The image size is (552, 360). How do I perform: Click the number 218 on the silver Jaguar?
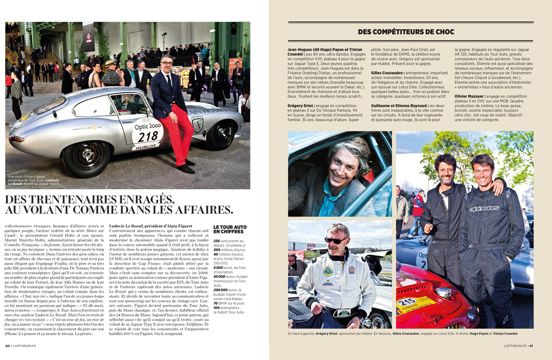tap(148, 136)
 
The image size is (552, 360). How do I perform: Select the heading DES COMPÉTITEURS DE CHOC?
tap(406, 32)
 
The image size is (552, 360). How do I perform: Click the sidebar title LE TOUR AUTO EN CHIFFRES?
tap(229, 229)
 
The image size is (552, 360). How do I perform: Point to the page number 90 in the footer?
tap(8, 353)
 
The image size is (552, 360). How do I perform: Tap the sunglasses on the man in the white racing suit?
tap(336, 240)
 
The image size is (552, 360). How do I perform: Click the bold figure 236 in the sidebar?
tap(217, 241)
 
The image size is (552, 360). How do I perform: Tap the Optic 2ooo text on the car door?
tap(148, 125)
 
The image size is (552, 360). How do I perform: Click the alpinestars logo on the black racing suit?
tap(484, 208)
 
